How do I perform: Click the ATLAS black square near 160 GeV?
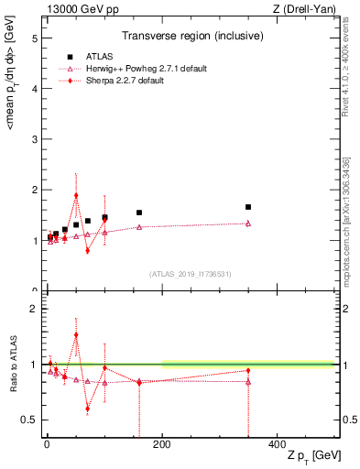coord(139,213)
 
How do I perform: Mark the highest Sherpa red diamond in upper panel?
coord(76,195)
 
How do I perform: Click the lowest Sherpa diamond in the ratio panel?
coord(87,409)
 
